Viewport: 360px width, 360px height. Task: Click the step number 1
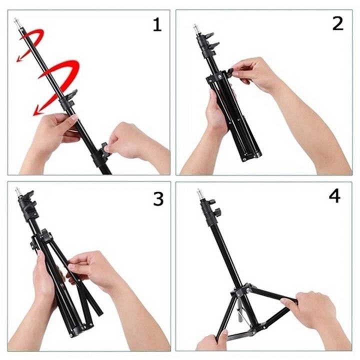coord(157,24)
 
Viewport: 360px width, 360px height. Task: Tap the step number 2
coord(338,23)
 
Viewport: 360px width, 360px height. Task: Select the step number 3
coord(158,199)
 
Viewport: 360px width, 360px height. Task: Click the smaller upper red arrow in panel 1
coord(31,42)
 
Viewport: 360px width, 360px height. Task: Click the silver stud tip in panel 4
coord(199,192)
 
